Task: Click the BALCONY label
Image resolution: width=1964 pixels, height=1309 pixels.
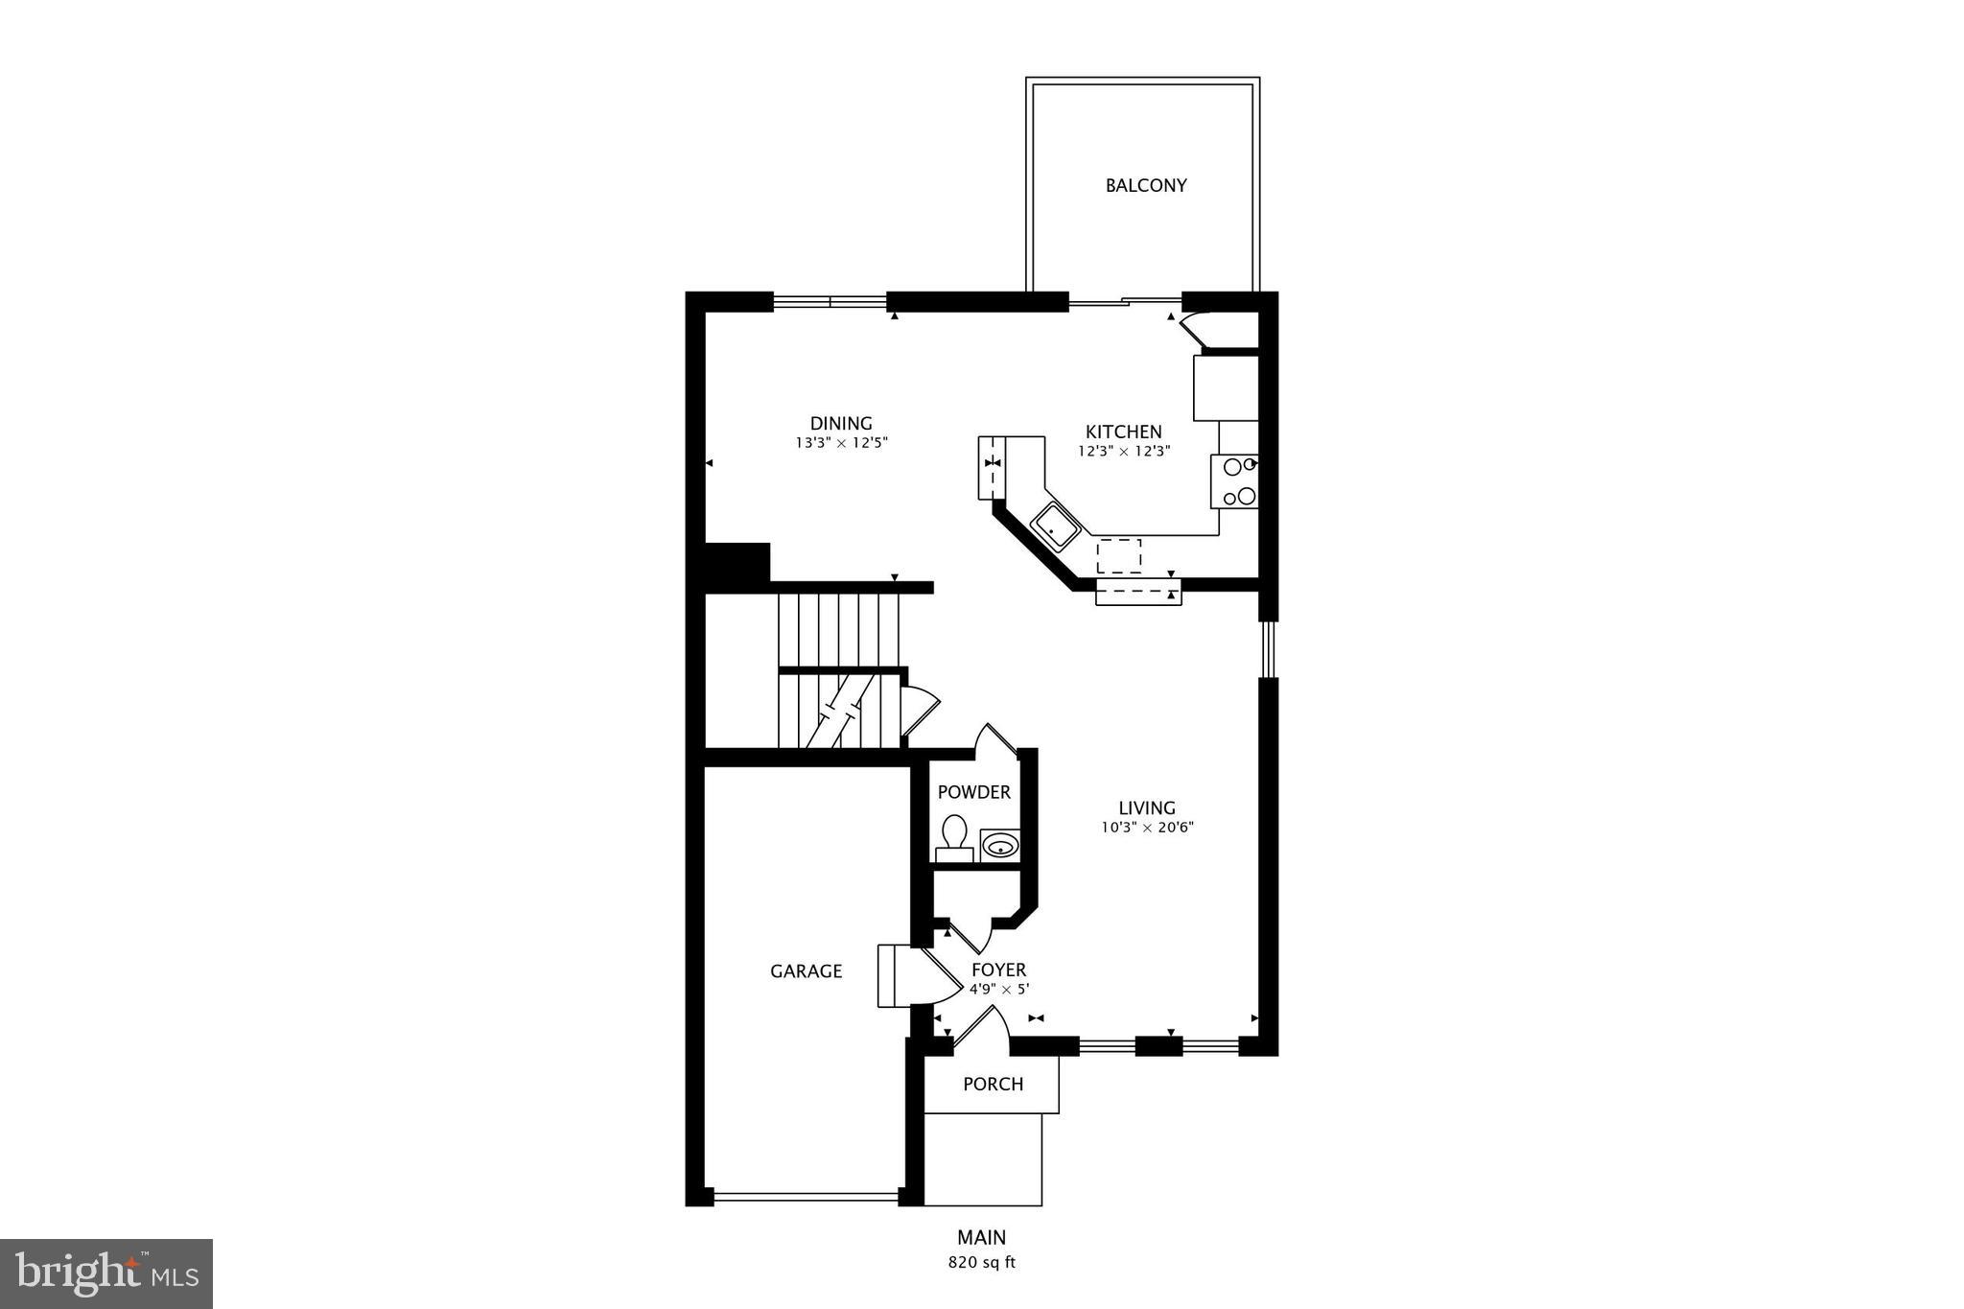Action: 1145,185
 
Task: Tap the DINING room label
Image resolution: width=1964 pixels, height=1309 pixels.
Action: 840,423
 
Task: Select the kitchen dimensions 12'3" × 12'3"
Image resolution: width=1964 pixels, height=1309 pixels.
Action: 1124,451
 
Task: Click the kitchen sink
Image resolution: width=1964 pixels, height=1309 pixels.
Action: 1056,526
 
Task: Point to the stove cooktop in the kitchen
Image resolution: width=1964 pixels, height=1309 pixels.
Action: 1234,481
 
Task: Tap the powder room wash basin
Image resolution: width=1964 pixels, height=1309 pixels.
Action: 1000,846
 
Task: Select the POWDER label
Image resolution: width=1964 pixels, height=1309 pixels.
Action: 973,792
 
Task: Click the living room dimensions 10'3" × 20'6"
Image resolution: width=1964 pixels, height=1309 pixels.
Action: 1147,828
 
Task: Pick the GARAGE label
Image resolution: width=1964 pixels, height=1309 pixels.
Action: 806,971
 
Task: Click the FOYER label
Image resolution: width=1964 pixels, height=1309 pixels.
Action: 998,970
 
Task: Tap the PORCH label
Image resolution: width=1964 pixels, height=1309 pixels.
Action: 993,1084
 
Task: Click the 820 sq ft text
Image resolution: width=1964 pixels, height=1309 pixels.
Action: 981,1263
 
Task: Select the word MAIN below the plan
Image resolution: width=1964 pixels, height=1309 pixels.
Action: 981,1238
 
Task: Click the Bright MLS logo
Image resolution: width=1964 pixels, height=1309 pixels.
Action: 106,1274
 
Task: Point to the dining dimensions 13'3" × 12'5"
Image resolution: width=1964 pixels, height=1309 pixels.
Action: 841,443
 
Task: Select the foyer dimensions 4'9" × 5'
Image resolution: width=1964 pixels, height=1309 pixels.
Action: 998,990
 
